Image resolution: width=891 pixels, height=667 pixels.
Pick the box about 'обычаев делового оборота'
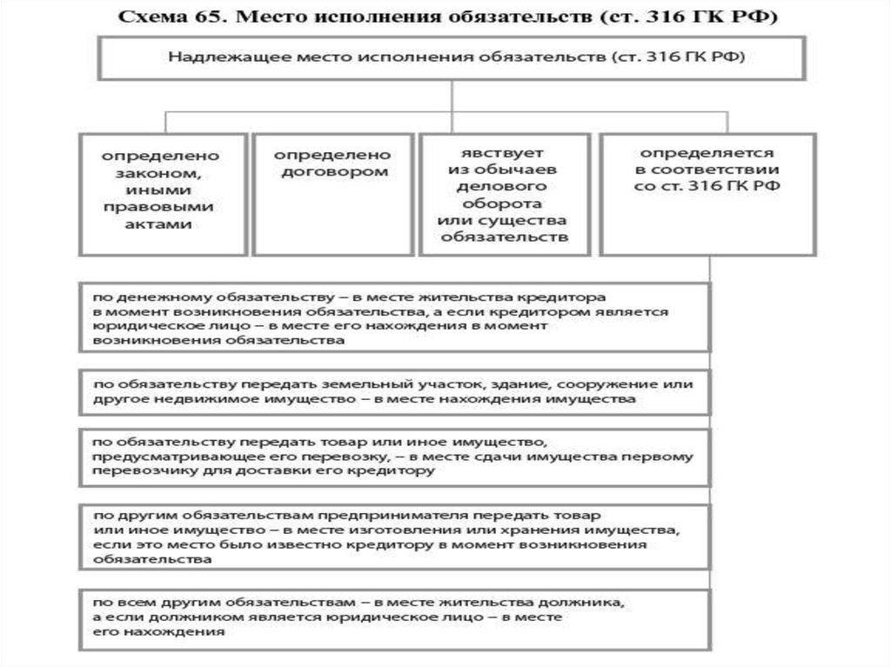504,194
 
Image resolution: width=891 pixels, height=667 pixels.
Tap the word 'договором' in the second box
332,172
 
